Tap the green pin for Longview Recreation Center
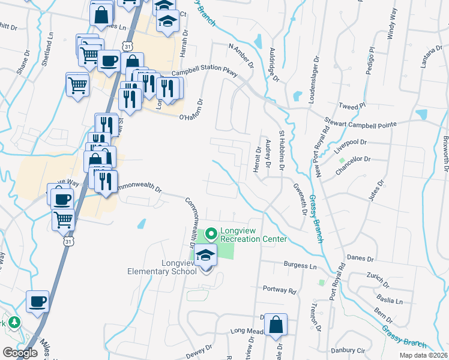click(211, 233)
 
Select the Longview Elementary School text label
click(162, 267)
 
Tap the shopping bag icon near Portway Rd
click(275, 326)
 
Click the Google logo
click(20, 352)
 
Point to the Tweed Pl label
click(352, 106)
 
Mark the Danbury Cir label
click(351, 349)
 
